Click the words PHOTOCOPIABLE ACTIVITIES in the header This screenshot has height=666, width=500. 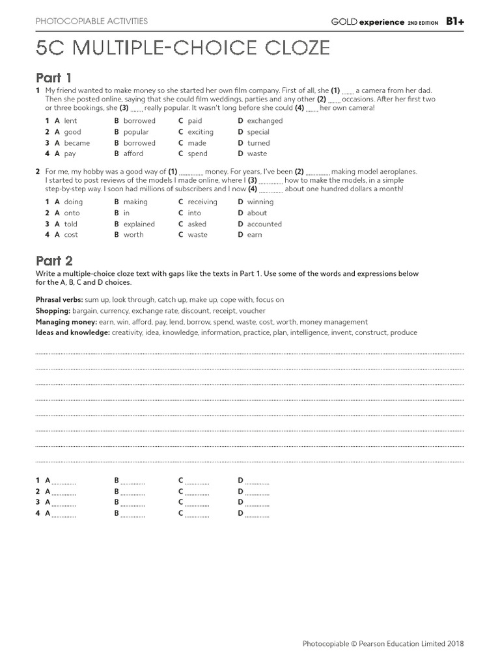[92, 21]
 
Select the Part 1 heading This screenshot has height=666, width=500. [54, 77]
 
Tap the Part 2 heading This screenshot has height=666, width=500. [54, 261]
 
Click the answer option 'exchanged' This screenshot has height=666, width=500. [265, 121]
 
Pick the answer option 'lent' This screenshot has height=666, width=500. [70, 121]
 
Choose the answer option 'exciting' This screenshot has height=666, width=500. [201, 132]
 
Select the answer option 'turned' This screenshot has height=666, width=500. [258, 143]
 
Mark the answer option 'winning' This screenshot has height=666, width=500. [260, 202]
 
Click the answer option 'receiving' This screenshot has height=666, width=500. [202, 202]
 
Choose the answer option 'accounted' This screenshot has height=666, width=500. [264, 224]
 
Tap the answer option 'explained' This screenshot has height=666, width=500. [139, 224]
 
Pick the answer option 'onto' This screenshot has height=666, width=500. [72, 213]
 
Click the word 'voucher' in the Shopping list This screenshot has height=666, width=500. [253, 311]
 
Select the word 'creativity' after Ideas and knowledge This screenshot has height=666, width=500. [128, 333]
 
